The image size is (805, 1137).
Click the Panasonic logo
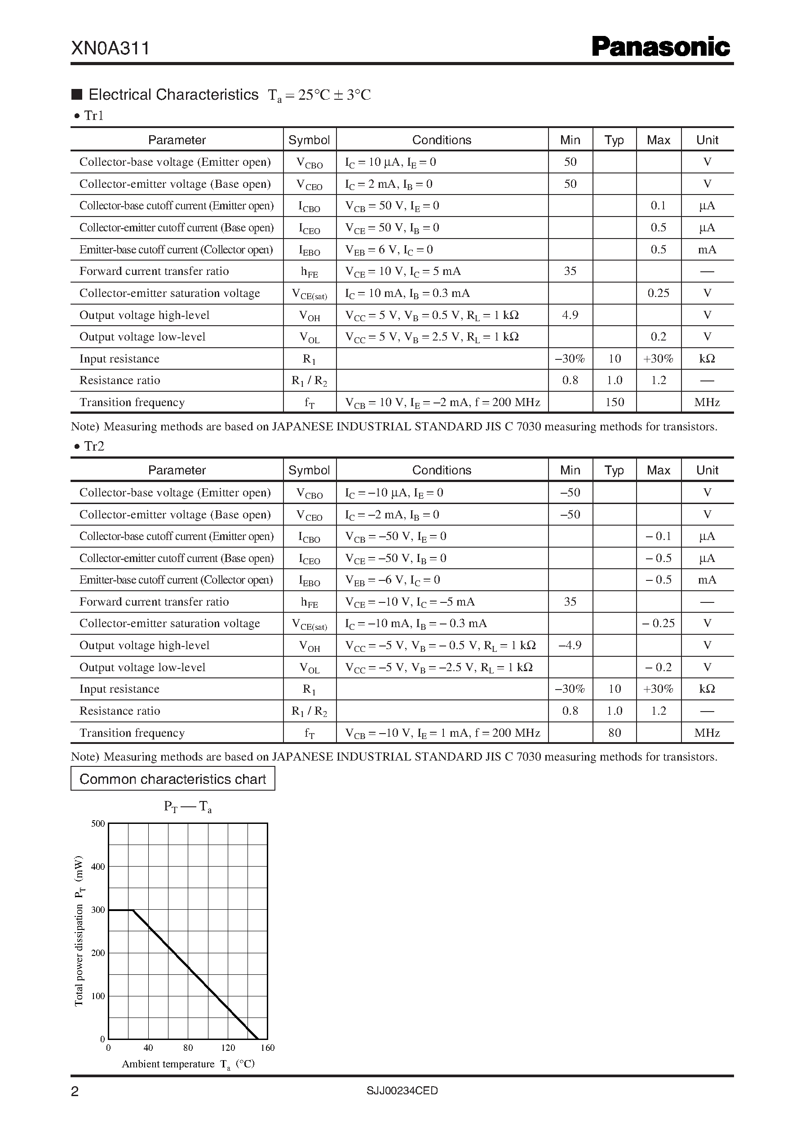point(661,47)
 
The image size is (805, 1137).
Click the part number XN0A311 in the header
point(111,49)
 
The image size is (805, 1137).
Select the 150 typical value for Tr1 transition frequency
point(614,402)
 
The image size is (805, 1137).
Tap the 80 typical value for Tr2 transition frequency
point(614,733)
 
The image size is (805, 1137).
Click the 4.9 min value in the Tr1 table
point(570,315)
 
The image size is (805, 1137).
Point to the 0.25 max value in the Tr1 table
point(658,293)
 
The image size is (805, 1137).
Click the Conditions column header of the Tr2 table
point(442,470)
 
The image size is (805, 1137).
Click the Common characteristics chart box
point(172,779)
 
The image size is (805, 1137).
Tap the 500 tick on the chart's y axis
point(98,823)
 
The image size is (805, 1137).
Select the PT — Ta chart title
point(188,806)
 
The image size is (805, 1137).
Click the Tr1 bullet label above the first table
point(93,115)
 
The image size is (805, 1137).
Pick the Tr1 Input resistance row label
point(119,358)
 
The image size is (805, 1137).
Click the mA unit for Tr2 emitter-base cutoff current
point(707,580)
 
